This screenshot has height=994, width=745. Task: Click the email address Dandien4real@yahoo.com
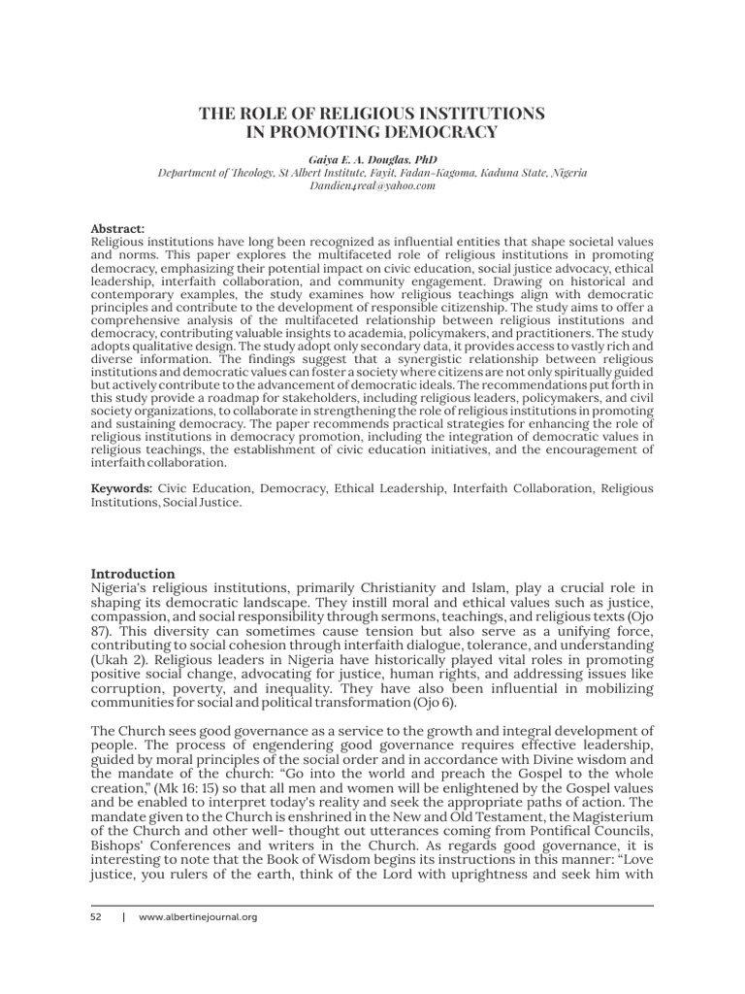point(372,185)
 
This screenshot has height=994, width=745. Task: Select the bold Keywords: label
point(122,488)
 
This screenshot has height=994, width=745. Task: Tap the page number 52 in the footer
point(96,916)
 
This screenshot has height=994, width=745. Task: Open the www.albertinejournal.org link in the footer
point(199,916)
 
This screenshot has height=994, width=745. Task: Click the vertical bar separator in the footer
point(123,916)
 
